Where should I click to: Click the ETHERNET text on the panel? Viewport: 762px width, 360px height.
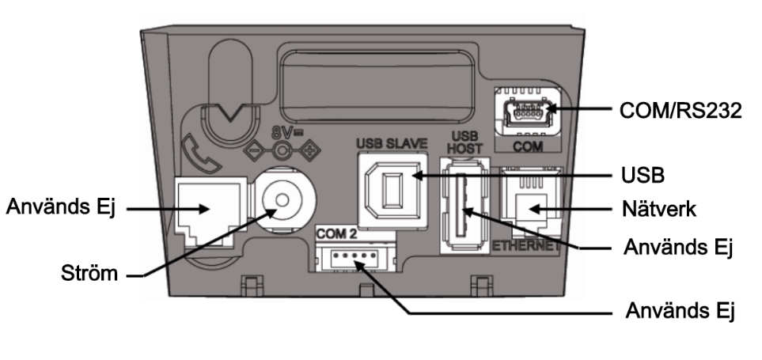click(x=529, y=246)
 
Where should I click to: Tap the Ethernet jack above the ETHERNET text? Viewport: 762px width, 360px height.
click(x=529, y=204)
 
